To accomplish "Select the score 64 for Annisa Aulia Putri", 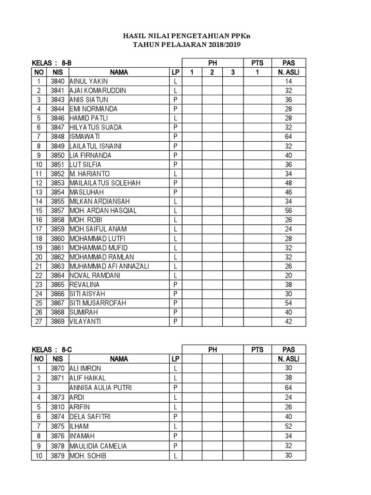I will pyautogui.click(x=288, y=387).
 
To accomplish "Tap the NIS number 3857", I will pyautogui.click(x=57, y=211).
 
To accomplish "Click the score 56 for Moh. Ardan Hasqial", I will pyautogui.click(x=288, y=211).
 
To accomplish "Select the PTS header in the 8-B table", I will pyautogui.click(x=257, y=63).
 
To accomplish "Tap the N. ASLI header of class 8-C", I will pyautogui.click(x=288, y=359).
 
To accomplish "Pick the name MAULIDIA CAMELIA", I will pyautogui.click(x=98, y=446).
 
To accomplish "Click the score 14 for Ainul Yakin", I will pyautogui.click(x=288, y=81).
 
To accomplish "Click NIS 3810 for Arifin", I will pyautogui.click(x=57, y=407).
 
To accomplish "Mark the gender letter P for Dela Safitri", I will pyautogui.click(x=175, y=416).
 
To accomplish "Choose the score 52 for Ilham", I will pyautogui.click(x=288, y=426).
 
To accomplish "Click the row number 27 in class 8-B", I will pyautogui.click(x=39, y=321).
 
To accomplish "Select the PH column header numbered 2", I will pyautogui.click(x=212, y=72).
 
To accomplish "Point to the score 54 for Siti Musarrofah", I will pyautogui.click(x=288, y=303).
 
